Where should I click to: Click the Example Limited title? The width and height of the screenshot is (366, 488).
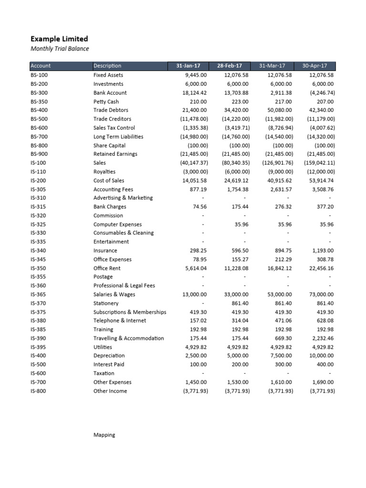[59, 39]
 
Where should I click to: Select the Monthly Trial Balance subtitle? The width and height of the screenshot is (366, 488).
[60, 49]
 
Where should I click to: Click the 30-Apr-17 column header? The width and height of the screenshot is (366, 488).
[315, 66]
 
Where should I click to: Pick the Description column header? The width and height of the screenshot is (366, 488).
[107, 66]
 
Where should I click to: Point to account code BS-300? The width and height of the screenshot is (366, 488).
[39, 93]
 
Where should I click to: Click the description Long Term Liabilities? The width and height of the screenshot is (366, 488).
[118, 137]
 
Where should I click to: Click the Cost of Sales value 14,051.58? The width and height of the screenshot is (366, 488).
[194, 181]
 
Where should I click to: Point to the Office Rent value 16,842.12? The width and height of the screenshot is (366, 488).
[279, 268]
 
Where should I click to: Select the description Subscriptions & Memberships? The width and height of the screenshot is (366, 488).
[130, 312]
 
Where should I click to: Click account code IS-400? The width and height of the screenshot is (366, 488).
[39, 356]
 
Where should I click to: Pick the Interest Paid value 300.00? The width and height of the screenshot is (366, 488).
[283, 365]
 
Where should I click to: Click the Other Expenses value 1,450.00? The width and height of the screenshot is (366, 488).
[196, 382]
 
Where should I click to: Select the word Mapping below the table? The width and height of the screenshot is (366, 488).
[104, 435]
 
